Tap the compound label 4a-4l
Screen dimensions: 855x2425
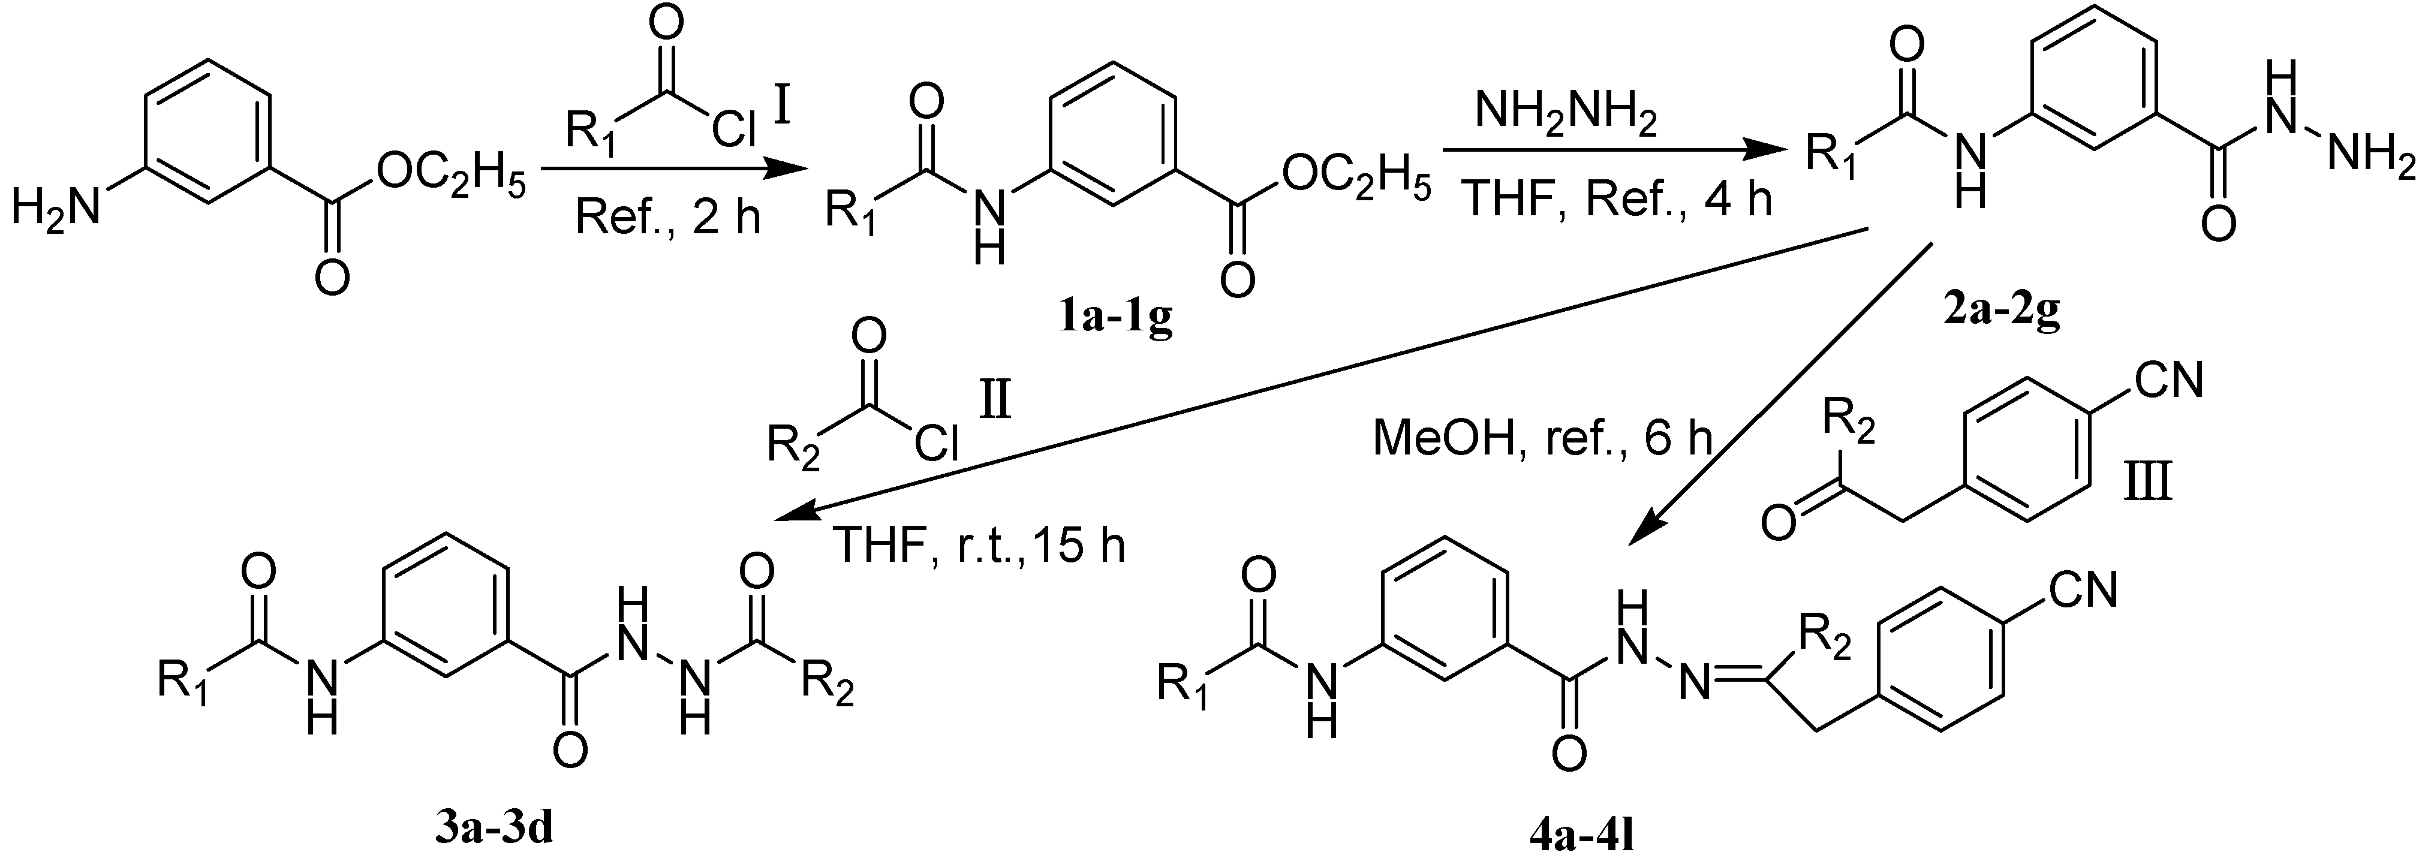(x=1579, y=834)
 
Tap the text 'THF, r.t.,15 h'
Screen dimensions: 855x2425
(x=979, y=546)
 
